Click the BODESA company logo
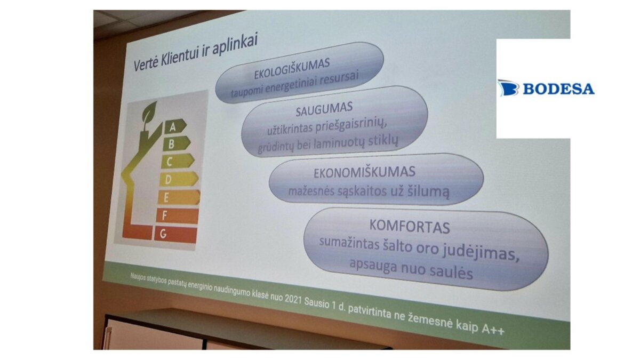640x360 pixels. (x=546, y=88)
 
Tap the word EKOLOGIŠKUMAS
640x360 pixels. (x=292, y=69)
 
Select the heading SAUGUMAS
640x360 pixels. (x=324, y=109)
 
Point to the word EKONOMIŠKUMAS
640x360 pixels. (x=364, y=172)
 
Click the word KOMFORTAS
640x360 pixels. (x=410, y=227)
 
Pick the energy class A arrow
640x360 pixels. (x=175, y=126)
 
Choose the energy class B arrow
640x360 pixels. (x=177, y=143)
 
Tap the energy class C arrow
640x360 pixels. (x=178, y=161)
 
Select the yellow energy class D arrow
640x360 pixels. (x=179, y=179)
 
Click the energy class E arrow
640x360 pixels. (x=179, y=197)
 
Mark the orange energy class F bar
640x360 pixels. (x=177, y=215)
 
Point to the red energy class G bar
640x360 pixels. (x=175, y=235)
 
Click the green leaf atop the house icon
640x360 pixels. (x=149, y=112)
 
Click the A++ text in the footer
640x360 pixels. (x=493, y=329)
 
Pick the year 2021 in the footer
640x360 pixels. (x=293, y=299)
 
